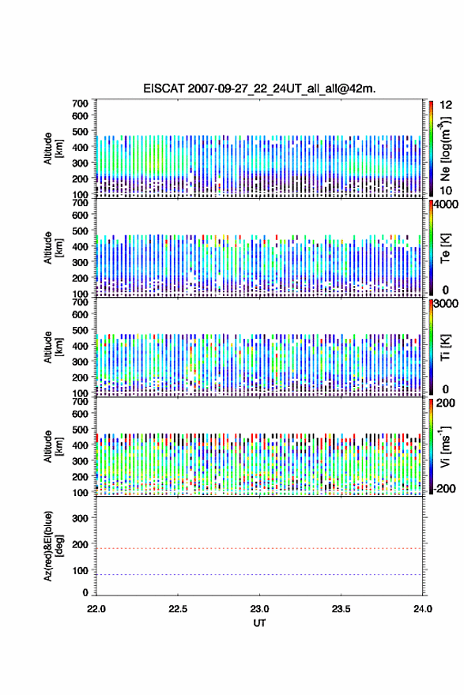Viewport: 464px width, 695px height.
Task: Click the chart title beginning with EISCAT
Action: point(259,88)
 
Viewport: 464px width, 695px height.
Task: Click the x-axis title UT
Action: point(259,623)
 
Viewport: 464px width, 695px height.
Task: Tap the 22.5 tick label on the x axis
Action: point(178,609)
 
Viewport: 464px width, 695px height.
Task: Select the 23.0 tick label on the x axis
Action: point(259,609)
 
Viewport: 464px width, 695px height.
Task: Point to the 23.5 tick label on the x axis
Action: point(341,609)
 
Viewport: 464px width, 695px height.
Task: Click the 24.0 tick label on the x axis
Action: point(423,609)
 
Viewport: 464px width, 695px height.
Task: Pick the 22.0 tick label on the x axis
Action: point(96,609)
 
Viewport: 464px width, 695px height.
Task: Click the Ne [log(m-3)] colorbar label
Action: point(445,148)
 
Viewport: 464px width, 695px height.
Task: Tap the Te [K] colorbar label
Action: point(445,248)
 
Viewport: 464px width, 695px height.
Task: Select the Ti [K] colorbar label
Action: point(445,347)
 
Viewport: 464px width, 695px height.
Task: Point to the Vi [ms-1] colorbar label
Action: point(445,447)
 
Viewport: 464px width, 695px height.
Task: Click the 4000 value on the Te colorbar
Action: point(445,205)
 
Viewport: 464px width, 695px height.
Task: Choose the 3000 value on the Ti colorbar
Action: point(445,303)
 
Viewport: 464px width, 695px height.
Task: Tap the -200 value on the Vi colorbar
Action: point(443,488)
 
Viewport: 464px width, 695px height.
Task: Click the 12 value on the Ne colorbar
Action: point(446,105)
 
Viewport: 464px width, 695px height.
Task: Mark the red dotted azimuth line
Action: point(259,548)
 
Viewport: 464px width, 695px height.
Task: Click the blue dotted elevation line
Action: point(259,574)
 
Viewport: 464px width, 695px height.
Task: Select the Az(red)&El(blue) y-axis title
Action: point(51,546)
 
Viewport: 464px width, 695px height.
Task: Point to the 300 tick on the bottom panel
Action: point(80,518)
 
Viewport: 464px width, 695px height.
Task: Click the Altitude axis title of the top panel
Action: point(51,148)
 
